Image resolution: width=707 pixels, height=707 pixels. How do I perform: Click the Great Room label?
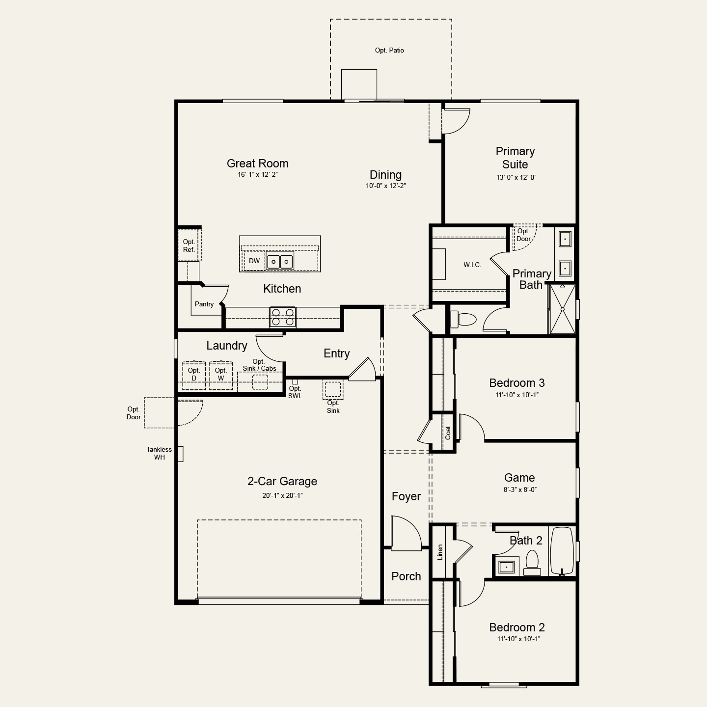point(257,163)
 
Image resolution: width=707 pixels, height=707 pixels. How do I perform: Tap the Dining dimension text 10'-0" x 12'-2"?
point(385,186)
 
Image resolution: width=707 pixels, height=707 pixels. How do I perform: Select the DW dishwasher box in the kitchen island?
point(254,261)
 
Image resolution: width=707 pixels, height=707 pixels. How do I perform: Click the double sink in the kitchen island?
point(279,262)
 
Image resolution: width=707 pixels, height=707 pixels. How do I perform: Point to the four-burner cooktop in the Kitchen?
point(282,317)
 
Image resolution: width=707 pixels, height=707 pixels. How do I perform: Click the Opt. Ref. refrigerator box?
point(190,245)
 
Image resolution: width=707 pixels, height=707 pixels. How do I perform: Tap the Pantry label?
point(204,304)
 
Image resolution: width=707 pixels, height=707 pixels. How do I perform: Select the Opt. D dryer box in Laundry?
point(194,375)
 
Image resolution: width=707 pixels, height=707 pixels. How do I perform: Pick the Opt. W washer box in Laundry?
point(221,375)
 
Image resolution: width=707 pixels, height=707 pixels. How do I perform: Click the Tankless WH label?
point(159,453)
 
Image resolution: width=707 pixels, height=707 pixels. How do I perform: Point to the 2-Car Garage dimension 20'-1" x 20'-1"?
point(282,495)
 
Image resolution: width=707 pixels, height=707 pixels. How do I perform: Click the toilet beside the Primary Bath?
point(463,319)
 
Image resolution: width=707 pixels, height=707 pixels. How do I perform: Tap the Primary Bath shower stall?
point(563,309)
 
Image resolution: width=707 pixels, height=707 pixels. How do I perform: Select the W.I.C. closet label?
point(472,265)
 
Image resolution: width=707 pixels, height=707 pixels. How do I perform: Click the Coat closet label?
point(448,433)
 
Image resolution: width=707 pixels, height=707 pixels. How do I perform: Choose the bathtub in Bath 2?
point(562,551)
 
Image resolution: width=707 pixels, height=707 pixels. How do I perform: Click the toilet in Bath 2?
point(532,564)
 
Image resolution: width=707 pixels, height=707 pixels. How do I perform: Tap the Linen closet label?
point(440,552)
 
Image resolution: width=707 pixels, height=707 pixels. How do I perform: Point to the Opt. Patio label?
point(389,50)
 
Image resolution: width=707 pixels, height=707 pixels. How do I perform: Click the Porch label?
point(406,576)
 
